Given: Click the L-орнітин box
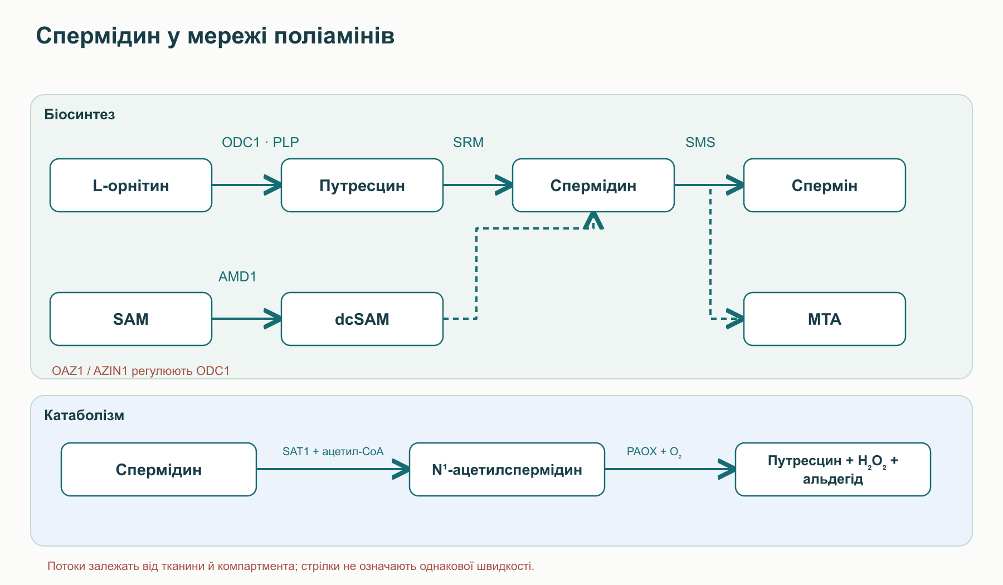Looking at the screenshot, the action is pyautogui.click(x=131, y=185).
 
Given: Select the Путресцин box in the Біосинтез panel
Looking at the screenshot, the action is pyautogui.click(x=362, y=185).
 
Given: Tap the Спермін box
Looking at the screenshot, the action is pyautogui.click(x=825, y=185).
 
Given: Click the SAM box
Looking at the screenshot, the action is pyautogui.click(x=131, y=319).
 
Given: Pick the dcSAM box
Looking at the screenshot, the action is pyautogui.click(x=362, y=319).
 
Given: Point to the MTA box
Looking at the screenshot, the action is pyautogui.click(x=825, y=319).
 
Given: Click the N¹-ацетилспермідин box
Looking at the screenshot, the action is pyautogui.click(x=507, y=469).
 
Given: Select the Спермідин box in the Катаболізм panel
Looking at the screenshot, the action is pyautogui.click(x=159, y=469).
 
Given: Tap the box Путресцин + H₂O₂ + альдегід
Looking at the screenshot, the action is pyautogui.click(x=833, y=469).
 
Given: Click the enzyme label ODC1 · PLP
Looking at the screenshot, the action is pyautogui.click(x=260, y=142).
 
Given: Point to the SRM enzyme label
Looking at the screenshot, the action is pyautogui.click(x=468, y=142).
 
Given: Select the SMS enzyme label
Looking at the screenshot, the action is pyautogui.click(x=700, y=142).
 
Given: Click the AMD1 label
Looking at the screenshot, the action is pyautogui.click(x=237, y=276).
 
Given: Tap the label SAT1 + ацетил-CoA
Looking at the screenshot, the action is pyautogui.click(x=333, y=451).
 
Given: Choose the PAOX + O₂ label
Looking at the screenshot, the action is pyautogui.click(x=654, y=452).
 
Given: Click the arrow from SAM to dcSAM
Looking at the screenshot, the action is pyautogui.click(x=247, y=319).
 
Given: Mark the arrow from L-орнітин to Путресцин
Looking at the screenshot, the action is pyautogui.click(x=247, y=185).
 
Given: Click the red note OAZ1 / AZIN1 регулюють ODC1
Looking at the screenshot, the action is pyautogui.click(x=140, y=370).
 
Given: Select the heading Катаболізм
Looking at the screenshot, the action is pyautogui.click(x=84, y=415).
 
